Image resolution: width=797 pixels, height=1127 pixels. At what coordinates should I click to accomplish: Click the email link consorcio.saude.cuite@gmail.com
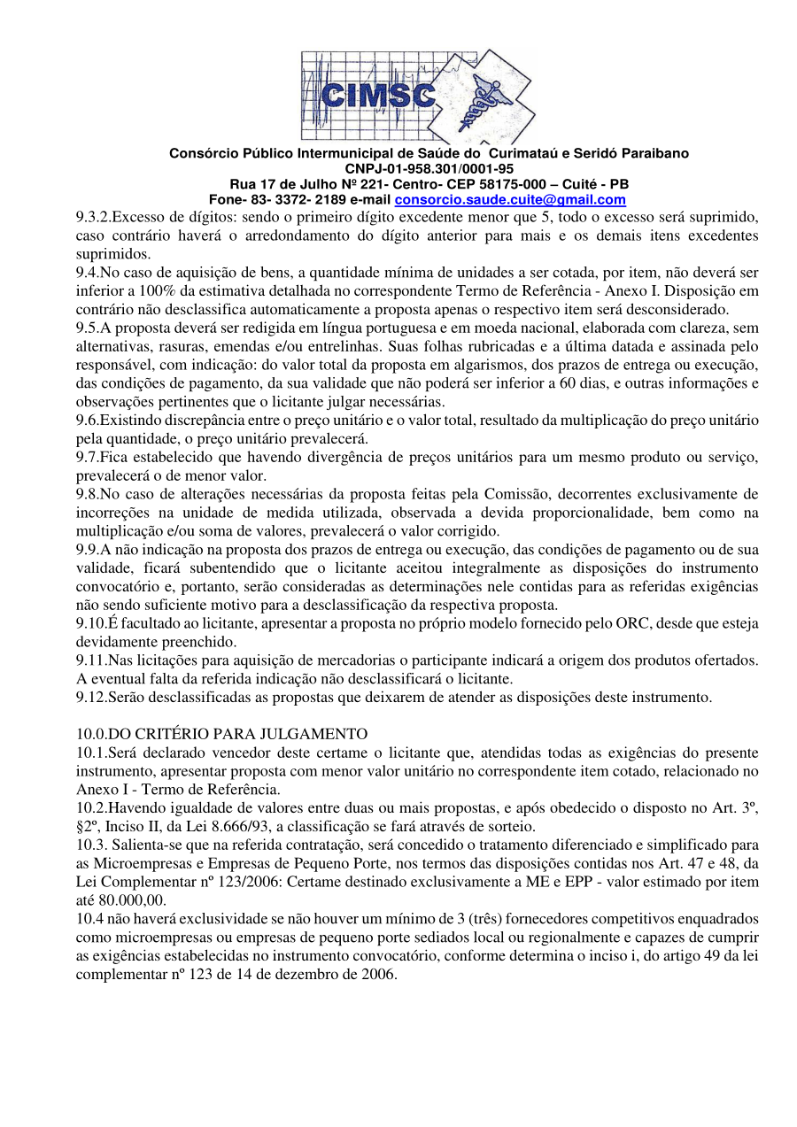510,200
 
